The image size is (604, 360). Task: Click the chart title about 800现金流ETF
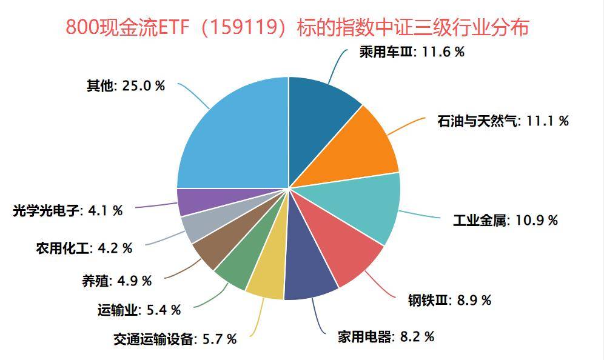pos(297,27)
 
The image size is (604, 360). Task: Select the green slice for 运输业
pos(237,267)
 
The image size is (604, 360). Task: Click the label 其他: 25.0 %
pos(126,85)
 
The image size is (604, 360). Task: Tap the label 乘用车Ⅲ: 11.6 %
pos(412,52)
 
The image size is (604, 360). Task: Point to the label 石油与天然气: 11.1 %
pos(503,121)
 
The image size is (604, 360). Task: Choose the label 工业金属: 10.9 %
pos(505,220)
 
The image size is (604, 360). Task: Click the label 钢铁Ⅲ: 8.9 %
pos(449,299)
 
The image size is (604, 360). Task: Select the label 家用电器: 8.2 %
pos(386,336)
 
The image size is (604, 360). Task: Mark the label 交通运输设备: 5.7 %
pos(175,339)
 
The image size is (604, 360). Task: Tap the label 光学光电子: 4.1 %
pos(67,211)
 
